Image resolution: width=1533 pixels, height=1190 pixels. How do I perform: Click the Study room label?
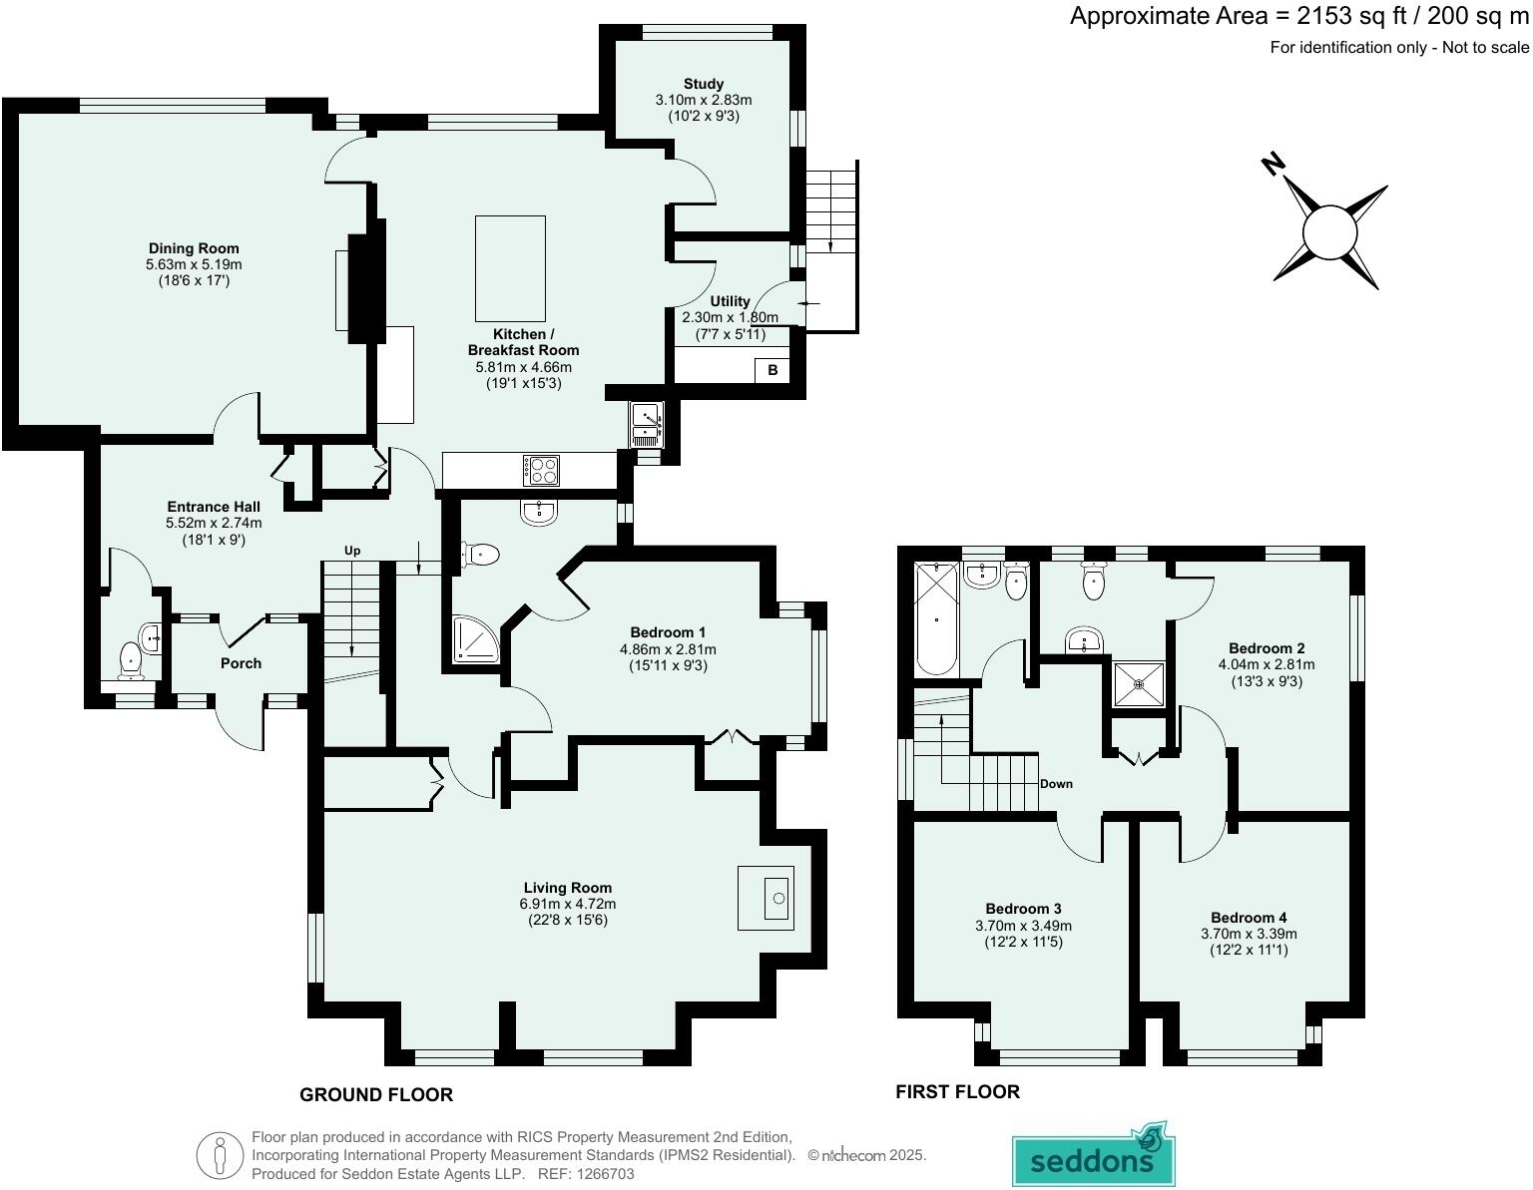[x=703, y=84]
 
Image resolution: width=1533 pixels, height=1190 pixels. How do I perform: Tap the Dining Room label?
[x=194, y=248]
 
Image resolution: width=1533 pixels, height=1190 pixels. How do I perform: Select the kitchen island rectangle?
[x=510, y=268]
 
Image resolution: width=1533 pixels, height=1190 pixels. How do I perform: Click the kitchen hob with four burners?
[x=541, y=470]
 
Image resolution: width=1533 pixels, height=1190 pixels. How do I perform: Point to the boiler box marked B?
[x=771, y=370]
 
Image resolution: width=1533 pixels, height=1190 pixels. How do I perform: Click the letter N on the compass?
[x=1273, y=164]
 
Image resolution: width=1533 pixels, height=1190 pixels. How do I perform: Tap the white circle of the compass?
[x=1329, y=232]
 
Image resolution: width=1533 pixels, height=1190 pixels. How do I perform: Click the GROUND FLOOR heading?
[x=376, y=1095]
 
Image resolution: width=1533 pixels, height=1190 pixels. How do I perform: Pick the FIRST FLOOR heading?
[x=957, y=1092]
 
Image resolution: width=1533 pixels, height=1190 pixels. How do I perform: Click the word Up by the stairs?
[x=352, y=551]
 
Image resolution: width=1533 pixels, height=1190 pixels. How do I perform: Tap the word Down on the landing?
[x=1055, y=784]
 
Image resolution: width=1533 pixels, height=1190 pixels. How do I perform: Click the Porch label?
[x=241, y=663]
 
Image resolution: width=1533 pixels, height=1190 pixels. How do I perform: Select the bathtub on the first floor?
[x=936, y=619]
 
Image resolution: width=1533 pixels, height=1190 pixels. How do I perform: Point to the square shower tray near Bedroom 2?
[x=1139, y=684]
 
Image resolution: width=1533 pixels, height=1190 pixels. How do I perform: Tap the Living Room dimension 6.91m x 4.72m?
[x=567, y=904]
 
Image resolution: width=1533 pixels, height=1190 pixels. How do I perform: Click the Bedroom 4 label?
[x=1248, y=917]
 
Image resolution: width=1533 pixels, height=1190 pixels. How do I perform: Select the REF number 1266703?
[x=605, y=1174]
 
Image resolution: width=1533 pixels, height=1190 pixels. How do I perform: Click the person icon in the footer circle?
[x=220, y=1155]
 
